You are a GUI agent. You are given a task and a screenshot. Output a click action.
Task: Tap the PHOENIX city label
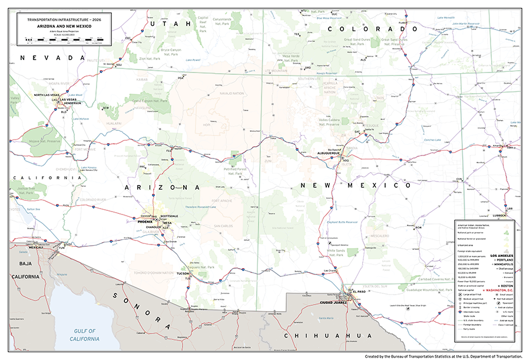pos(145,222)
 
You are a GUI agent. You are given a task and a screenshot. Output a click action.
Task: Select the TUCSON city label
pos(183,274)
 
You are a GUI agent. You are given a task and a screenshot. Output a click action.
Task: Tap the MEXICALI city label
pos(36,247)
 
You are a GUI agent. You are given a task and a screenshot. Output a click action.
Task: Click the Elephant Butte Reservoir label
pos(342,222)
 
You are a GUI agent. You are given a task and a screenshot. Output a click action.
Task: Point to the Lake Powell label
pos(193,60)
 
